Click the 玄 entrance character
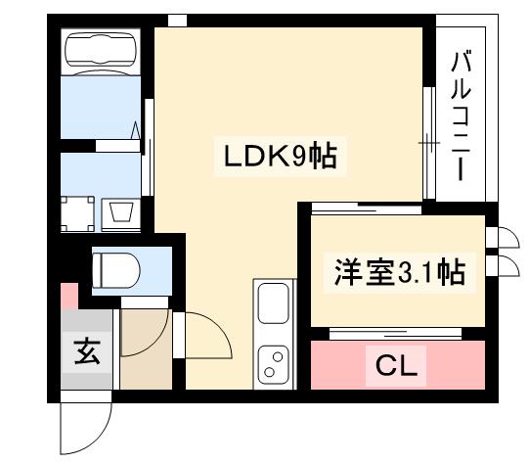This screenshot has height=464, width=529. tap(84, 350)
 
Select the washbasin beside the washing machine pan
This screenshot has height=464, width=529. tap(121, 211)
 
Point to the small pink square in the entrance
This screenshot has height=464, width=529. tap(67, 295)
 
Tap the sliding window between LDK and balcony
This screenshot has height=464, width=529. tap(427, 143)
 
